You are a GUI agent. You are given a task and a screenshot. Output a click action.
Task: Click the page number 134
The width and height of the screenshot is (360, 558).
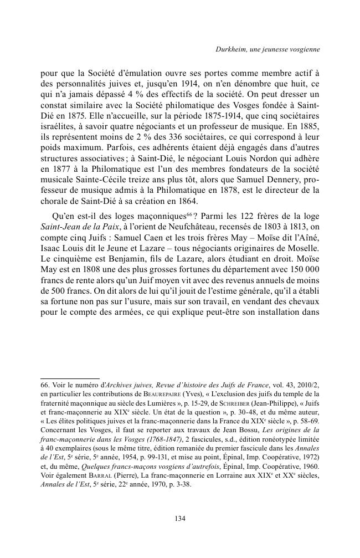[179, 519]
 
